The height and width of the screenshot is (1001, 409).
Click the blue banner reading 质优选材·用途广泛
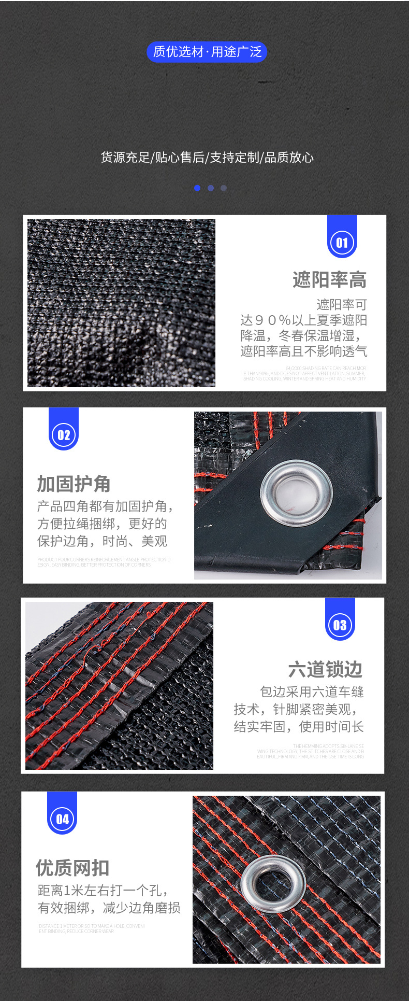coord(207,52)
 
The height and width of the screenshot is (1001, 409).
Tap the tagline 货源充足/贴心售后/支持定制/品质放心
coord(207,158)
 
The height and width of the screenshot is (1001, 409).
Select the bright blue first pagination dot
coord(197,188)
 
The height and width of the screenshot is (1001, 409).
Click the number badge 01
coord(342,243)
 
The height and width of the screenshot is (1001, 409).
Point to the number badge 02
coord(64,435)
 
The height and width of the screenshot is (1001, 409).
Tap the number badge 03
coord(340,625)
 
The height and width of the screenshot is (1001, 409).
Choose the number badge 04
coord(62,819)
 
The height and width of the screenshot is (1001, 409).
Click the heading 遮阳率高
coord(329,280)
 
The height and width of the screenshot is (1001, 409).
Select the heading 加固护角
coord(74,484)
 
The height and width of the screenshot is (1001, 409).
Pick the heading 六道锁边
coord(325,669)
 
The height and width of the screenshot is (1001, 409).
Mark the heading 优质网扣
coord(72,867)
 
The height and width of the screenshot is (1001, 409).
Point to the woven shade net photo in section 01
coord(121,303)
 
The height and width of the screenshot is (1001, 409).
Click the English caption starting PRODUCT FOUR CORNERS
coord(104,562)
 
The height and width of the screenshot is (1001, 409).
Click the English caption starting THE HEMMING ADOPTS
coord(311,751)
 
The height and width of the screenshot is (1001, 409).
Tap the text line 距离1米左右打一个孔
coord(103,891)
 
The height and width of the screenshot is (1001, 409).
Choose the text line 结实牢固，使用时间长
coord(299,727)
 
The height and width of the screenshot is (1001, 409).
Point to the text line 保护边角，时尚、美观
coord(102,541)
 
